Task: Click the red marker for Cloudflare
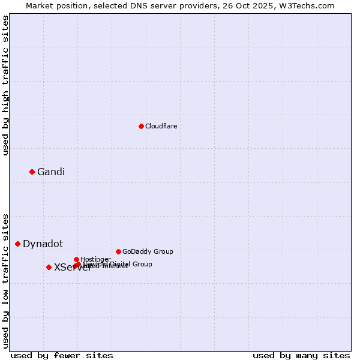(141, 126)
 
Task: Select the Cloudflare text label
(161, 126)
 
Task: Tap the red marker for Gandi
(32, 172)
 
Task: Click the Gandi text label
(51, 172)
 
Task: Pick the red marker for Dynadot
(17, 244)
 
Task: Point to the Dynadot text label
(43, 244)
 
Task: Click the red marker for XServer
(49, 267)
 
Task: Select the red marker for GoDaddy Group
(118, 251)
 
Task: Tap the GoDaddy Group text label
(148, 251)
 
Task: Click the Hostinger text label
(95, 259)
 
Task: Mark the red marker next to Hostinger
(76, 259)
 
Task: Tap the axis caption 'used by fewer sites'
(62, 355)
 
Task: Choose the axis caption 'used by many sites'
(301, 355)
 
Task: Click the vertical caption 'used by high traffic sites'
(5, 85)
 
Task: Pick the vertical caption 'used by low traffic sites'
(5, 281)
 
